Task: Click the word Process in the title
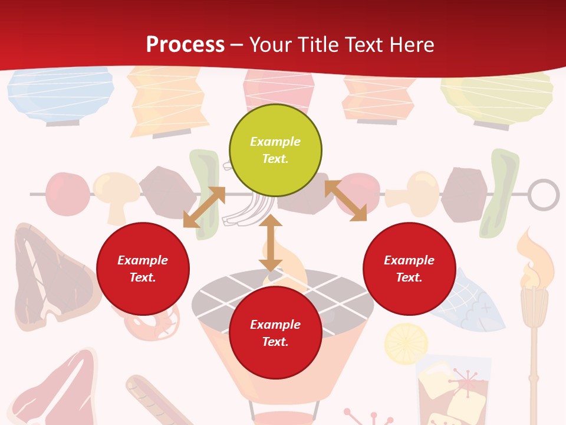pos(185,45)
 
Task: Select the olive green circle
pos(275,151)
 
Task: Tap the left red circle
pos(143,269)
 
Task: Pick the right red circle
pos(409,269)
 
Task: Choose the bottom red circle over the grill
pos(275,333)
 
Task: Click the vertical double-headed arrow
pos(271,243)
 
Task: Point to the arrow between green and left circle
pos(204,207)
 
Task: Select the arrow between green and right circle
pos(345,201)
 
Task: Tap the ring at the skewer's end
pos(543,194)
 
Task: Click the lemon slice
pos(406,343)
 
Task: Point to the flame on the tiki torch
pos(534,256)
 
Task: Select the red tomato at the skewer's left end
pos(67,194)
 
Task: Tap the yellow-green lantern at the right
pos(497,97)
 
